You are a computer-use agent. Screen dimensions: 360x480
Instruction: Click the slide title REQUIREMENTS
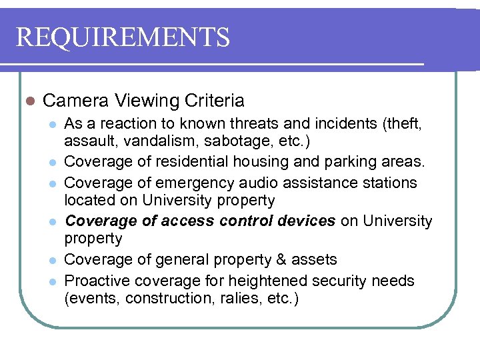coord(123,37)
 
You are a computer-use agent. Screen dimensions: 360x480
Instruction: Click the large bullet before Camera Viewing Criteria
coord(27,101)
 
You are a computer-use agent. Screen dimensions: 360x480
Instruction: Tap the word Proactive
coord(95,281)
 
